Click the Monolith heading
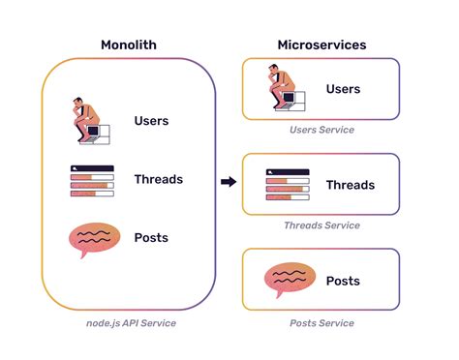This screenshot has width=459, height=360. pos(129,45)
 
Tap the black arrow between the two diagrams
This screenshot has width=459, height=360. pos(229,181)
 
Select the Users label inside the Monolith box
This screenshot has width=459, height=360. pos(151,121)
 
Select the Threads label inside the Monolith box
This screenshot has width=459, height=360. pos(158,179)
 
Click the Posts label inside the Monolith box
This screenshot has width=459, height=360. pos(151,238)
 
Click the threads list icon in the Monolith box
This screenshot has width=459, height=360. pos(92,181)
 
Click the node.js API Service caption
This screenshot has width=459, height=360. pos(129,321)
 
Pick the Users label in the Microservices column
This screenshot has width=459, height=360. pos(343,89)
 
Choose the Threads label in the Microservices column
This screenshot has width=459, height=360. pos(350,185)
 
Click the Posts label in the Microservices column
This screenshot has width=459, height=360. pos(343,281)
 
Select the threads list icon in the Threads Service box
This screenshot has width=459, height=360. pos(287,185)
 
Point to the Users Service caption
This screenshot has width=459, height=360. pos(321,130)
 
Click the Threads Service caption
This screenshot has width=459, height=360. pos(321,225)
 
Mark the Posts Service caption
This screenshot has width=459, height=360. pos(321,322)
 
